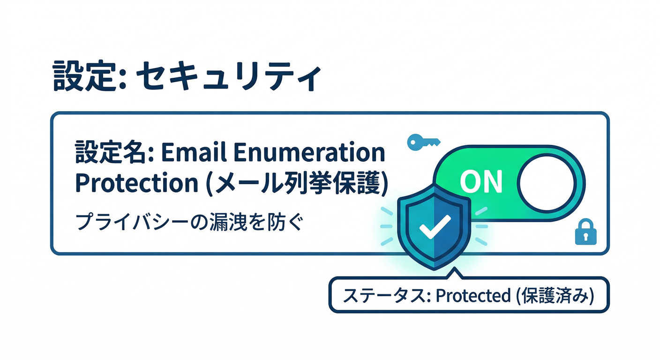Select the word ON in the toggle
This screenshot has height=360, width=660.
[x=481, y=182]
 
